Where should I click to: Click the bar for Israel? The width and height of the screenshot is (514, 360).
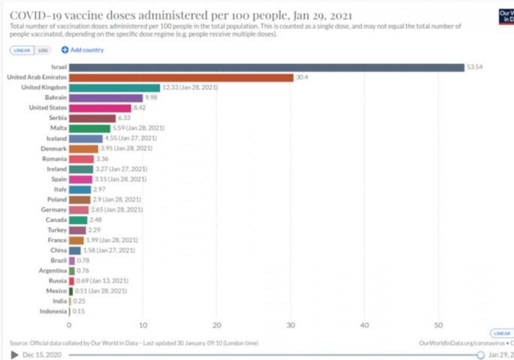point(266,67)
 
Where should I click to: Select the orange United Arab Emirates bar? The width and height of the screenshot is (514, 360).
point(181,78)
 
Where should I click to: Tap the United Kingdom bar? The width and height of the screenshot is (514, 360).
point(115,88)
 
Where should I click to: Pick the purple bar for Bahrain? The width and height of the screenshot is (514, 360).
point(106,98)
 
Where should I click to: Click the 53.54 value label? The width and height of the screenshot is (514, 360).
point(474,67)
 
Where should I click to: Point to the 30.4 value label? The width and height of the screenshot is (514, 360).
point(302,78)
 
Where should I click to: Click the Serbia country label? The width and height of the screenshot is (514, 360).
point(58,118)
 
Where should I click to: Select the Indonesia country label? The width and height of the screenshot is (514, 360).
point(53,311)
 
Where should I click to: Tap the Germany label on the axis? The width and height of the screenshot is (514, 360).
point(54,210)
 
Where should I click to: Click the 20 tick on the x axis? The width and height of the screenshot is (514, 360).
point(216,325)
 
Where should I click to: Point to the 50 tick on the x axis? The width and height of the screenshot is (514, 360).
point(438,325)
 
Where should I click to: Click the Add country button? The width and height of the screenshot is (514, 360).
point(83,50)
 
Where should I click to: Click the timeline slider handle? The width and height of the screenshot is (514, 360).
point(481,355)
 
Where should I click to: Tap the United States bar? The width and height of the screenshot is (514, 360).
point(100,108)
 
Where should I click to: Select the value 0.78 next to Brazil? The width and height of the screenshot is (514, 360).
point(83,260)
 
